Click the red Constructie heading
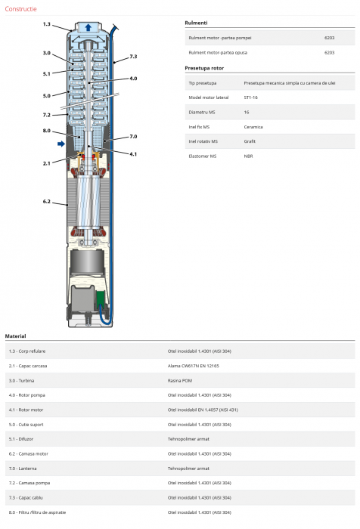click(20, 9)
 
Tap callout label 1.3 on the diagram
click(47, 24)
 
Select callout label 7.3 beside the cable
click(133, 57)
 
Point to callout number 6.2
click(47, 202)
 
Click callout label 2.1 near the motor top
click(47, 163)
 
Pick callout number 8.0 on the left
click(47, 131)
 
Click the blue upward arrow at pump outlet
click(88, 27)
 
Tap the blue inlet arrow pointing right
click(61, 144)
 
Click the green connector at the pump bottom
click(100, 299)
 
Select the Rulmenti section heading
click(196, 23)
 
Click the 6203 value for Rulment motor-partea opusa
click(329, 53)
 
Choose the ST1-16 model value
click(250, 97)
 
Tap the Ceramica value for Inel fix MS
click(253, 127)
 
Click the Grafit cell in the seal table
click(250, 141)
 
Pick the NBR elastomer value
click(248, 156)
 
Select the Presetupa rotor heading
click(204, 68)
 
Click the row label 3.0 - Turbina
click(22, 381)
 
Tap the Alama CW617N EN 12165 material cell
click(193, 366)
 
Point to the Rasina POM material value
click(180, 381)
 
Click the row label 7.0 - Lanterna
click(23, 469)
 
